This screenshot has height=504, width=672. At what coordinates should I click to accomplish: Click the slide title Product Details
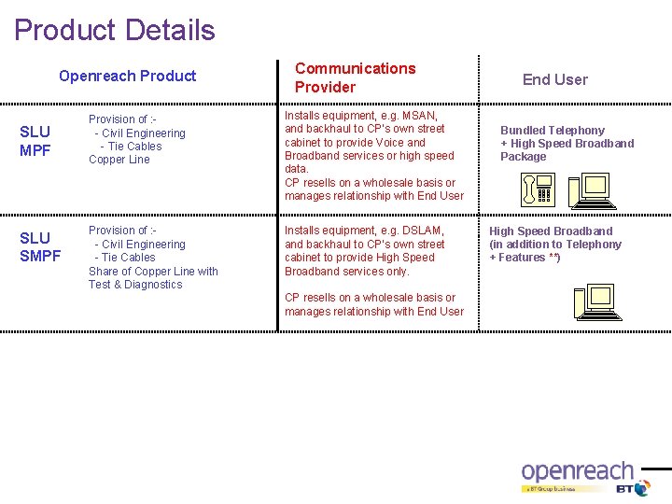click(x=114, y=30)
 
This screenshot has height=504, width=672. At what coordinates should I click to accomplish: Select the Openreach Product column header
click(x=127, y=76)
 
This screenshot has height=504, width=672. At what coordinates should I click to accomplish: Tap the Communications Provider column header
click(x=355, y=77)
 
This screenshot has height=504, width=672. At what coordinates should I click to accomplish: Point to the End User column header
click(x=554, y=79)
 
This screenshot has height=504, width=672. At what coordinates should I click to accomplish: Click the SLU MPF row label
click(x=35, y=141)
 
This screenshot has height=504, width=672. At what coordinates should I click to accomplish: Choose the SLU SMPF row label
click(x=40, y=246)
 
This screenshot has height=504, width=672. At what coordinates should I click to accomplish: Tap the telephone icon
click(x=538, y=191)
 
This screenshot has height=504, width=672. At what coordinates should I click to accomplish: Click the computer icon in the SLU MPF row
click(x=591, y=190)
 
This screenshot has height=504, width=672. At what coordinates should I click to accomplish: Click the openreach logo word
click(x=576, y=472)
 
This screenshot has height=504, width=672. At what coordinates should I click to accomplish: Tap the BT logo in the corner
click(x=633, y=488)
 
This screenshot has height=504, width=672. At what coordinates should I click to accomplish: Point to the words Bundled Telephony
click(x=552, y=131)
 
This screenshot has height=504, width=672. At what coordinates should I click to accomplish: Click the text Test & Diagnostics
click(x=135, y=285)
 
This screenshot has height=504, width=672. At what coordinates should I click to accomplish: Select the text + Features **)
click(x=525, y=258)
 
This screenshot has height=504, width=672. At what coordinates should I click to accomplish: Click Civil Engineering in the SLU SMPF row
click(x=143, y=245)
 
